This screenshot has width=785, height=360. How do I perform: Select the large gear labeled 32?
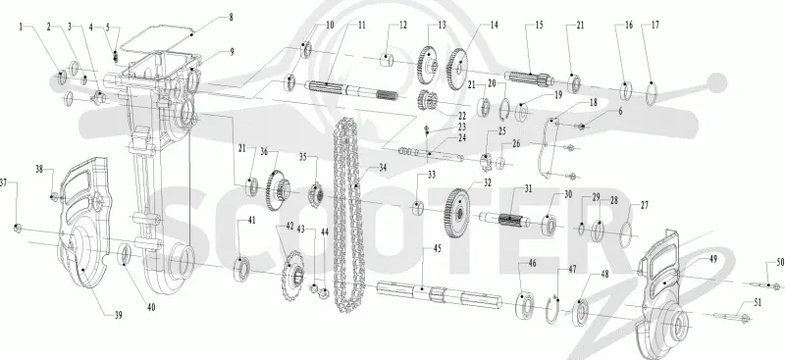pyautogui.click(x=456, y=213)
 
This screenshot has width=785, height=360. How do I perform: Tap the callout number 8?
pyautogui.click(x=231, y=17)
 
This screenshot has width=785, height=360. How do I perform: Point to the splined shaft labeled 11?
pyautogui.click(x=354, y=91)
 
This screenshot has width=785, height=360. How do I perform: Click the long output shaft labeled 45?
pyautogui.click(x=439, y=295)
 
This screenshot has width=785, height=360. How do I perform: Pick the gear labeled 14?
pyautogui.click(x=456, y=69)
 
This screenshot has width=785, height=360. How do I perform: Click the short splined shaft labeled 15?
pyautogui.click(x=529, y=78)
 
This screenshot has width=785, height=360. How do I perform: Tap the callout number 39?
pyautogui.click(x=118, y=315)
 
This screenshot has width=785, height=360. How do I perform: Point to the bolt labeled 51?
pyautogui.click(x=731, y=317)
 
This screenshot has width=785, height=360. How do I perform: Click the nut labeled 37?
pyautogui.click(x=17, y=229)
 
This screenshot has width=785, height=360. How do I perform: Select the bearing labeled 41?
pyautogui.click(x=241, y=269)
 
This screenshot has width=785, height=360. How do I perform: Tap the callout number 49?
pyautogui.click(x=713, y=259)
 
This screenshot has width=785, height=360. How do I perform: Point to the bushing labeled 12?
pyautogui.click(x=386, y=60)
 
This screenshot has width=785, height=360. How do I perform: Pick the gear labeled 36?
pyautogui.click(x=276, y=189)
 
